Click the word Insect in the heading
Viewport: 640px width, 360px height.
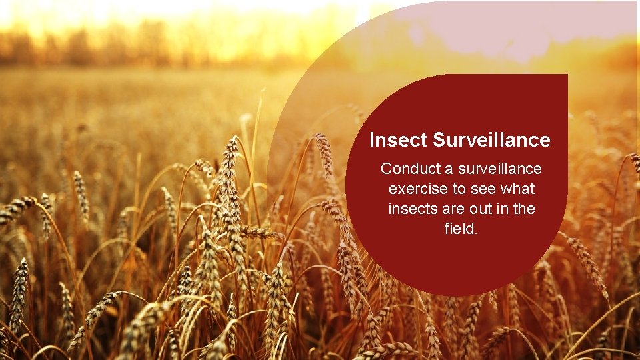(398, 141)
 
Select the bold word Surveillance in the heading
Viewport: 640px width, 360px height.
(491, 141)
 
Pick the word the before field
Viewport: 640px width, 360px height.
(523, 209)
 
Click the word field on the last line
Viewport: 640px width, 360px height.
(459, 229)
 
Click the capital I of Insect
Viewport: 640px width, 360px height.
(372, 141)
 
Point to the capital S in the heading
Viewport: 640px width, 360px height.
(439, 141)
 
